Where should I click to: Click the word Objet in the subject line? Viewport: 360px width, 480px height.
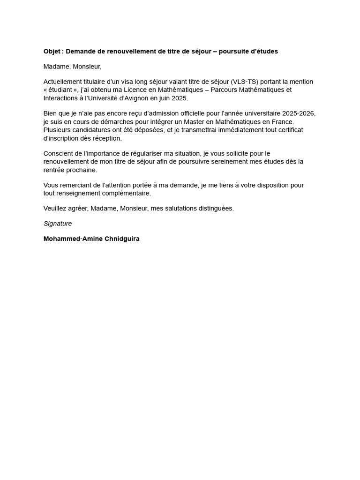(52, 51)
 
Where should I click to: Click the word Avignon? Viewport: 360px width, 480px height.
(138, 97)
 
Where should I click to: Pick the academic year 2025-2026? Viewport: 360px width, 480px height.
(299, 113)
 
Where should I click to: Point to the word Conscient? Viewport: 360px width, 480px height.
(59, 153)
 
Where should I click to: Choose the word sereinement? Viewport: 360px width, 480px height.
(226, 161)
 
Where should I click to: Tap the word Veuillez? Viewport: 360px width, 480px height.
(55, 208)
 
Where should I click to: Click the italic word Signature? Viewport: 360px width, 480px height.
(58, 224)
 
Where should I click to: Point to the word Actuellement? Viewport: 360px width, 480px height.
(62, 82)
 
